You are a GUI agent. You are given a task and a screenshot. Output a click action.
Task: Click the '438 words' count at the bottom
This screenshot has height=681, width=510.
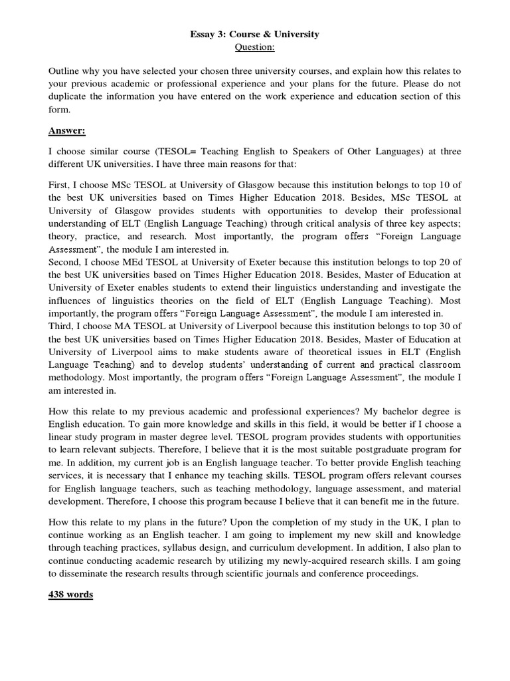click(71, 594)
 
